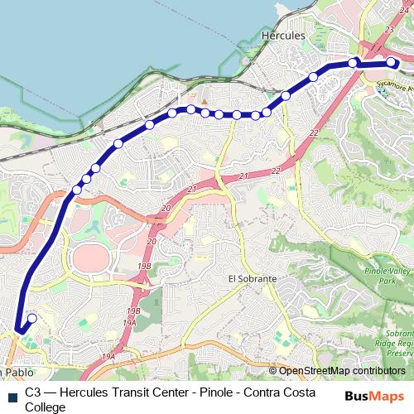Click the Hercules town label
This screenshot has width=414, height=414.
[283, 36]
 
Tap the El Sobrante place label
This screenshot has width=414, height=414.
[252, 279]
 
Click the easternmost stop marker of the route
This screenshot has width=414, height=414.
[392, 61]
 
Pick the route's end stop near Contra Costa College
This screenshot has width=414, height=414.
[32, 318]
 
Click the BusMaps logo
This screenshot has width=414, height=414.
[375, 396]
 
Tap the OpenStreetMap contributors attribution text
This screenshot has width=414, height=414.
[342, 370]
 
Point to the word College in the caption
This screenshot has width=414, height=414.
[45, 407]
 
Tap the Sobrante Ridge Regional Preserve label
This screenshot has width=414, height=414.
[396, 340]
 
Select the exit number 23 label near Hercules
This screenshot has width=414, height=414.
[389, 29]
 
